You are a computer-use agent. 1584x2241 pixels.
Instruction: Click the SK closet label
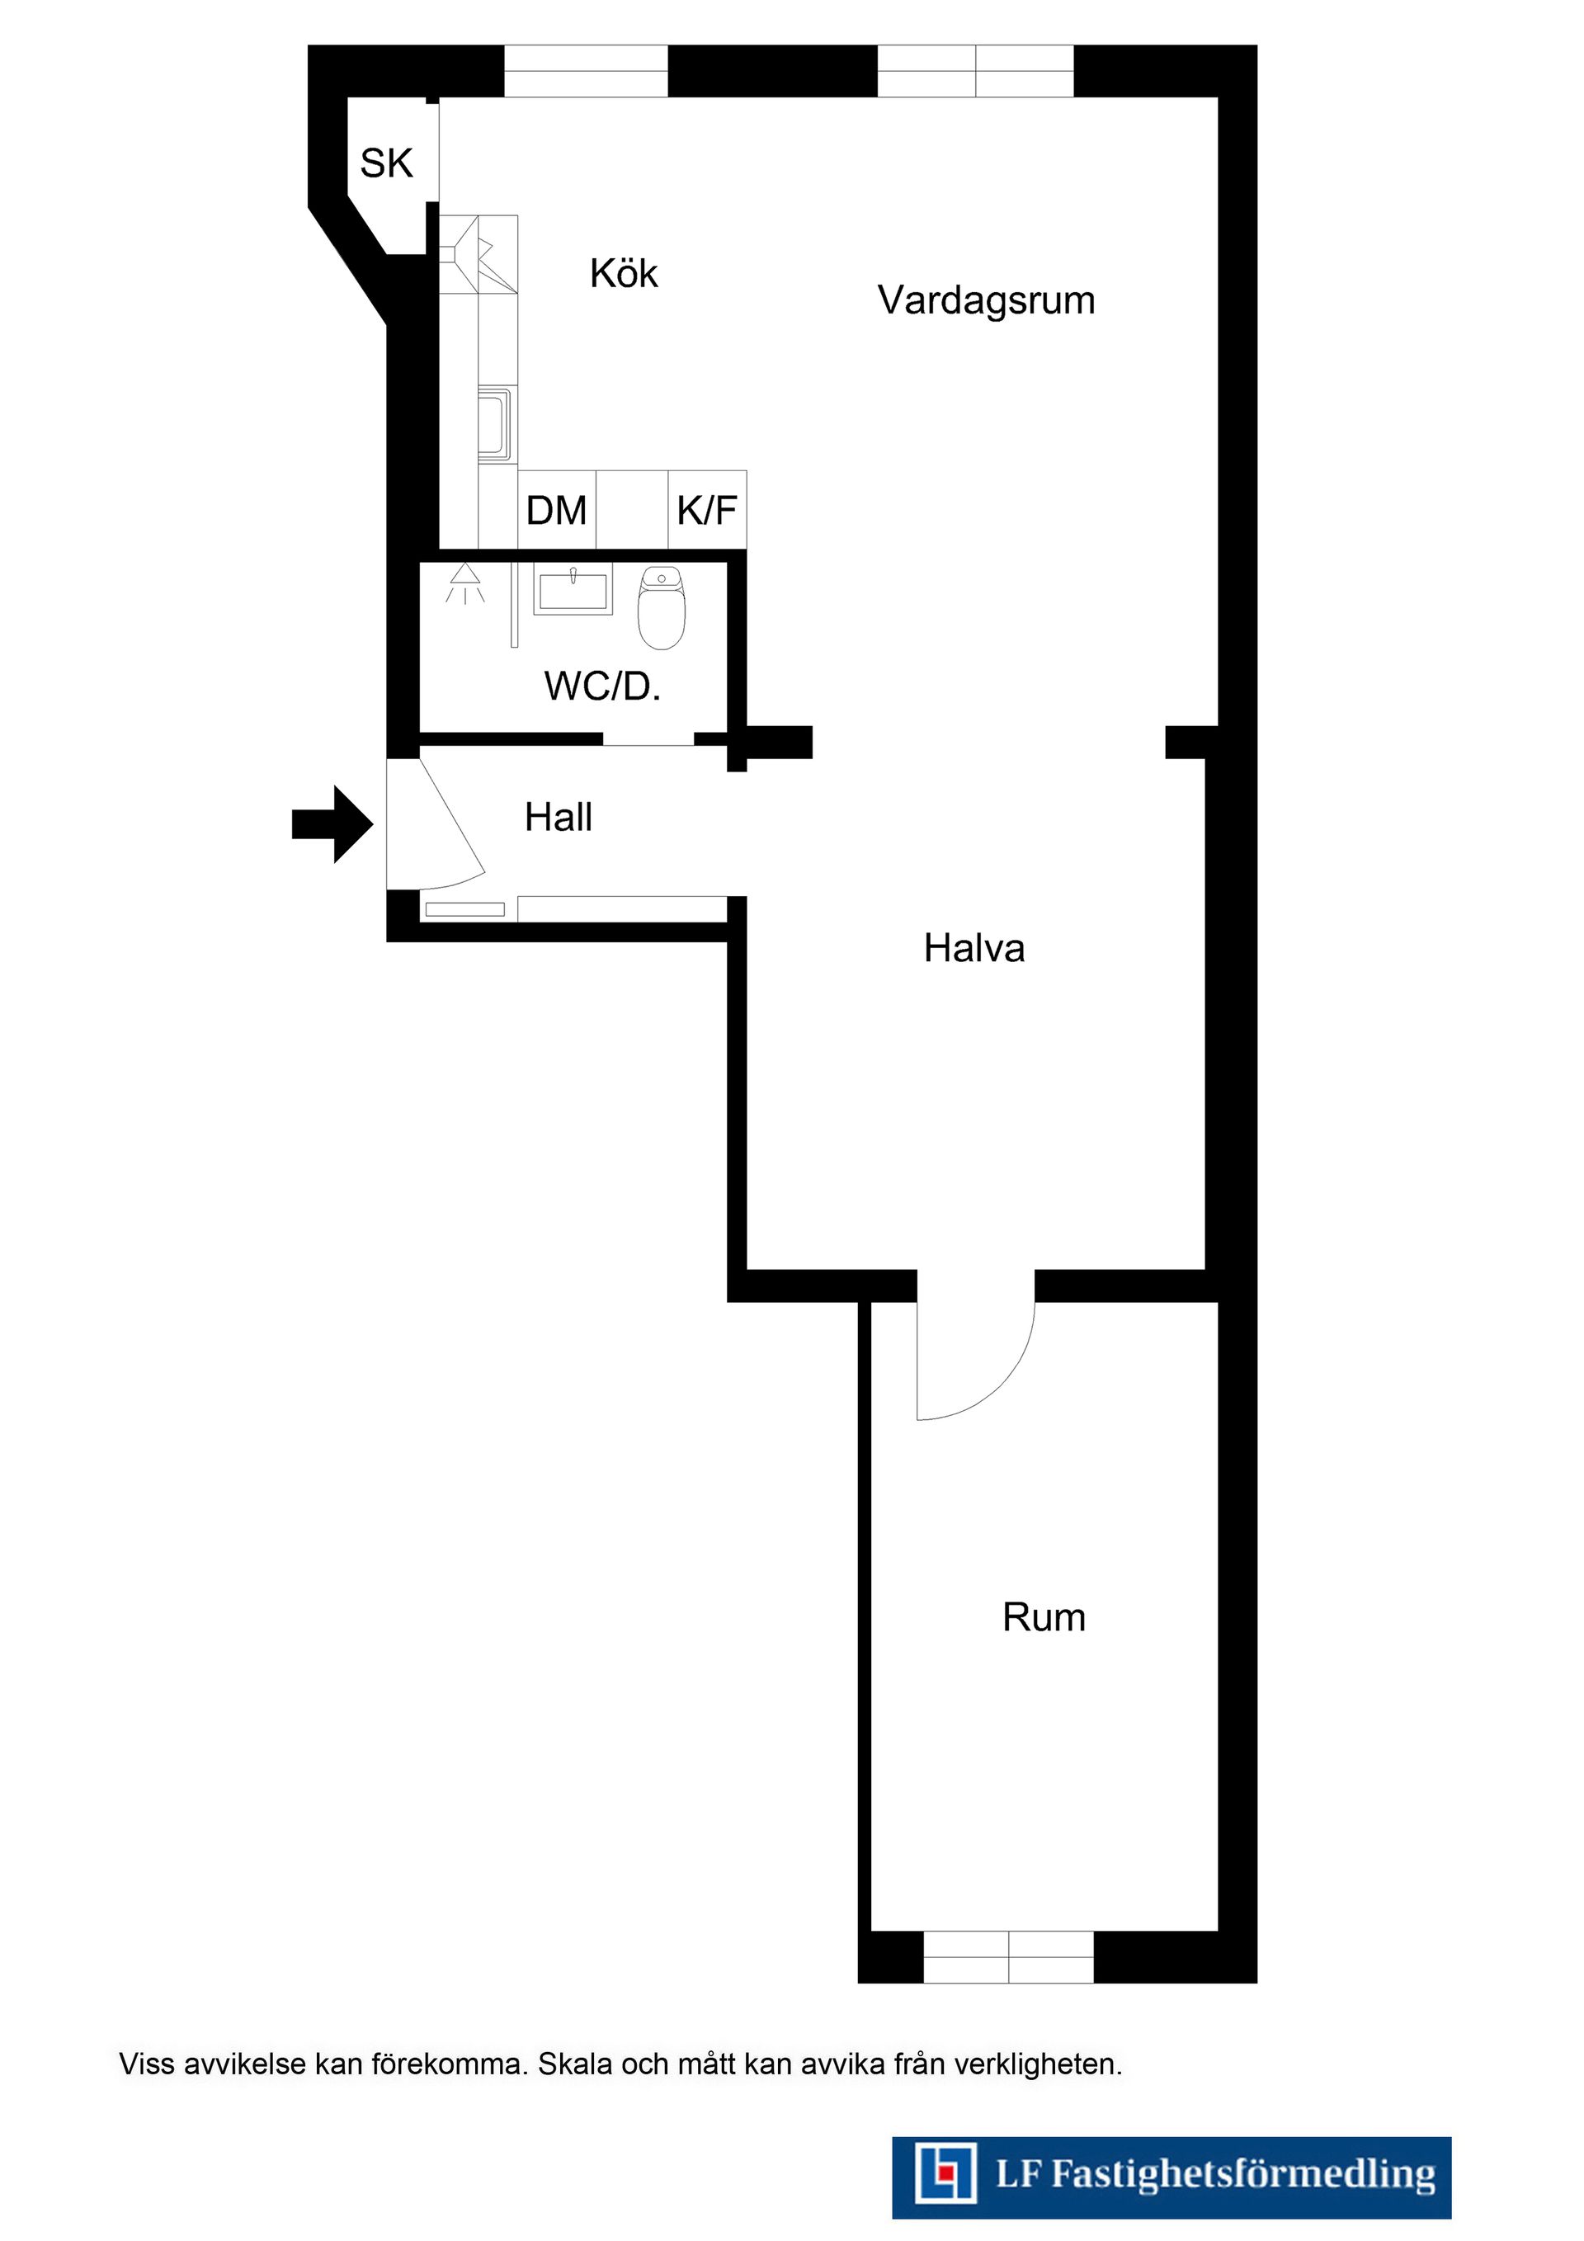click(386, 163)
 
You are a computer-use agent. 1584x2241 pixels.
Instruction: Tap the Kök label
click(624, 273)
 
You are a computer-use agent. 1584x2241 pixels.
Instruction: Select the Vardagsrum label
click(986, 300)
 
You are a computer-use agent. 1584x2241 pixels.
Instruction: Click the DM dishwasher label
click(556, 511)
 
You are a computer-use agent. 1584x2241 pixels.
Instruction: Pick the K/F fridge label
click(706, 511)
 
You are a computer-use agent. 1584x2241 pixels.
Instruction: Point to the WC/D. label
click(602, 686)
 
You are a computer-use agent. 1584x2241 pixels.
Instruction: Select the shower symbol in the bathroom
click(464, 583)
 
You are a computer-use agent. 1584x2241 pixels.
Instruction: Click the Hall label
click(559, 817)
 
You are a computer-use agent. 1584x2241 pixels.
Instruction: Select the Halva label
click(974, 948)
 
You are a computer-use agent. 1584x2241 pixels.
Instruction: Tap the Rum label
click(1044, 1617)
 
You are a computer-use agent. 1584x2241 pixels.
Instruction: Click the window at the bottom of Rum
click(1008, 1956)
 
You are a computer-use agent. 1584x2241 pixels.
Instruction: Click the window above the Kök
click(586, 71)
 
